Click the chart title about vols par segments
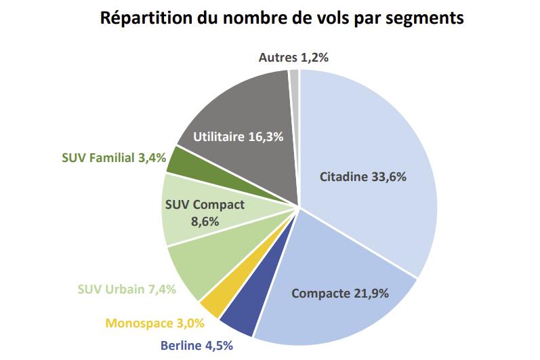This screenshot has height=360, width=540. tap(282, 18)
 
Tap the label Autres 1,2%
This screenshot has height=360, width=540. tap(293, 58)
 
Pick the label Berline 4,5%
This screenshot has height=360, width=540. tap(196, 346)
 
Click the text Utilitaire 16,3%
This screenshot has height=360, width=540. tap(238, 136)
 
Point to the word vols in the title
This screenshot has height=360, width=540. tap(333, 18)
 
